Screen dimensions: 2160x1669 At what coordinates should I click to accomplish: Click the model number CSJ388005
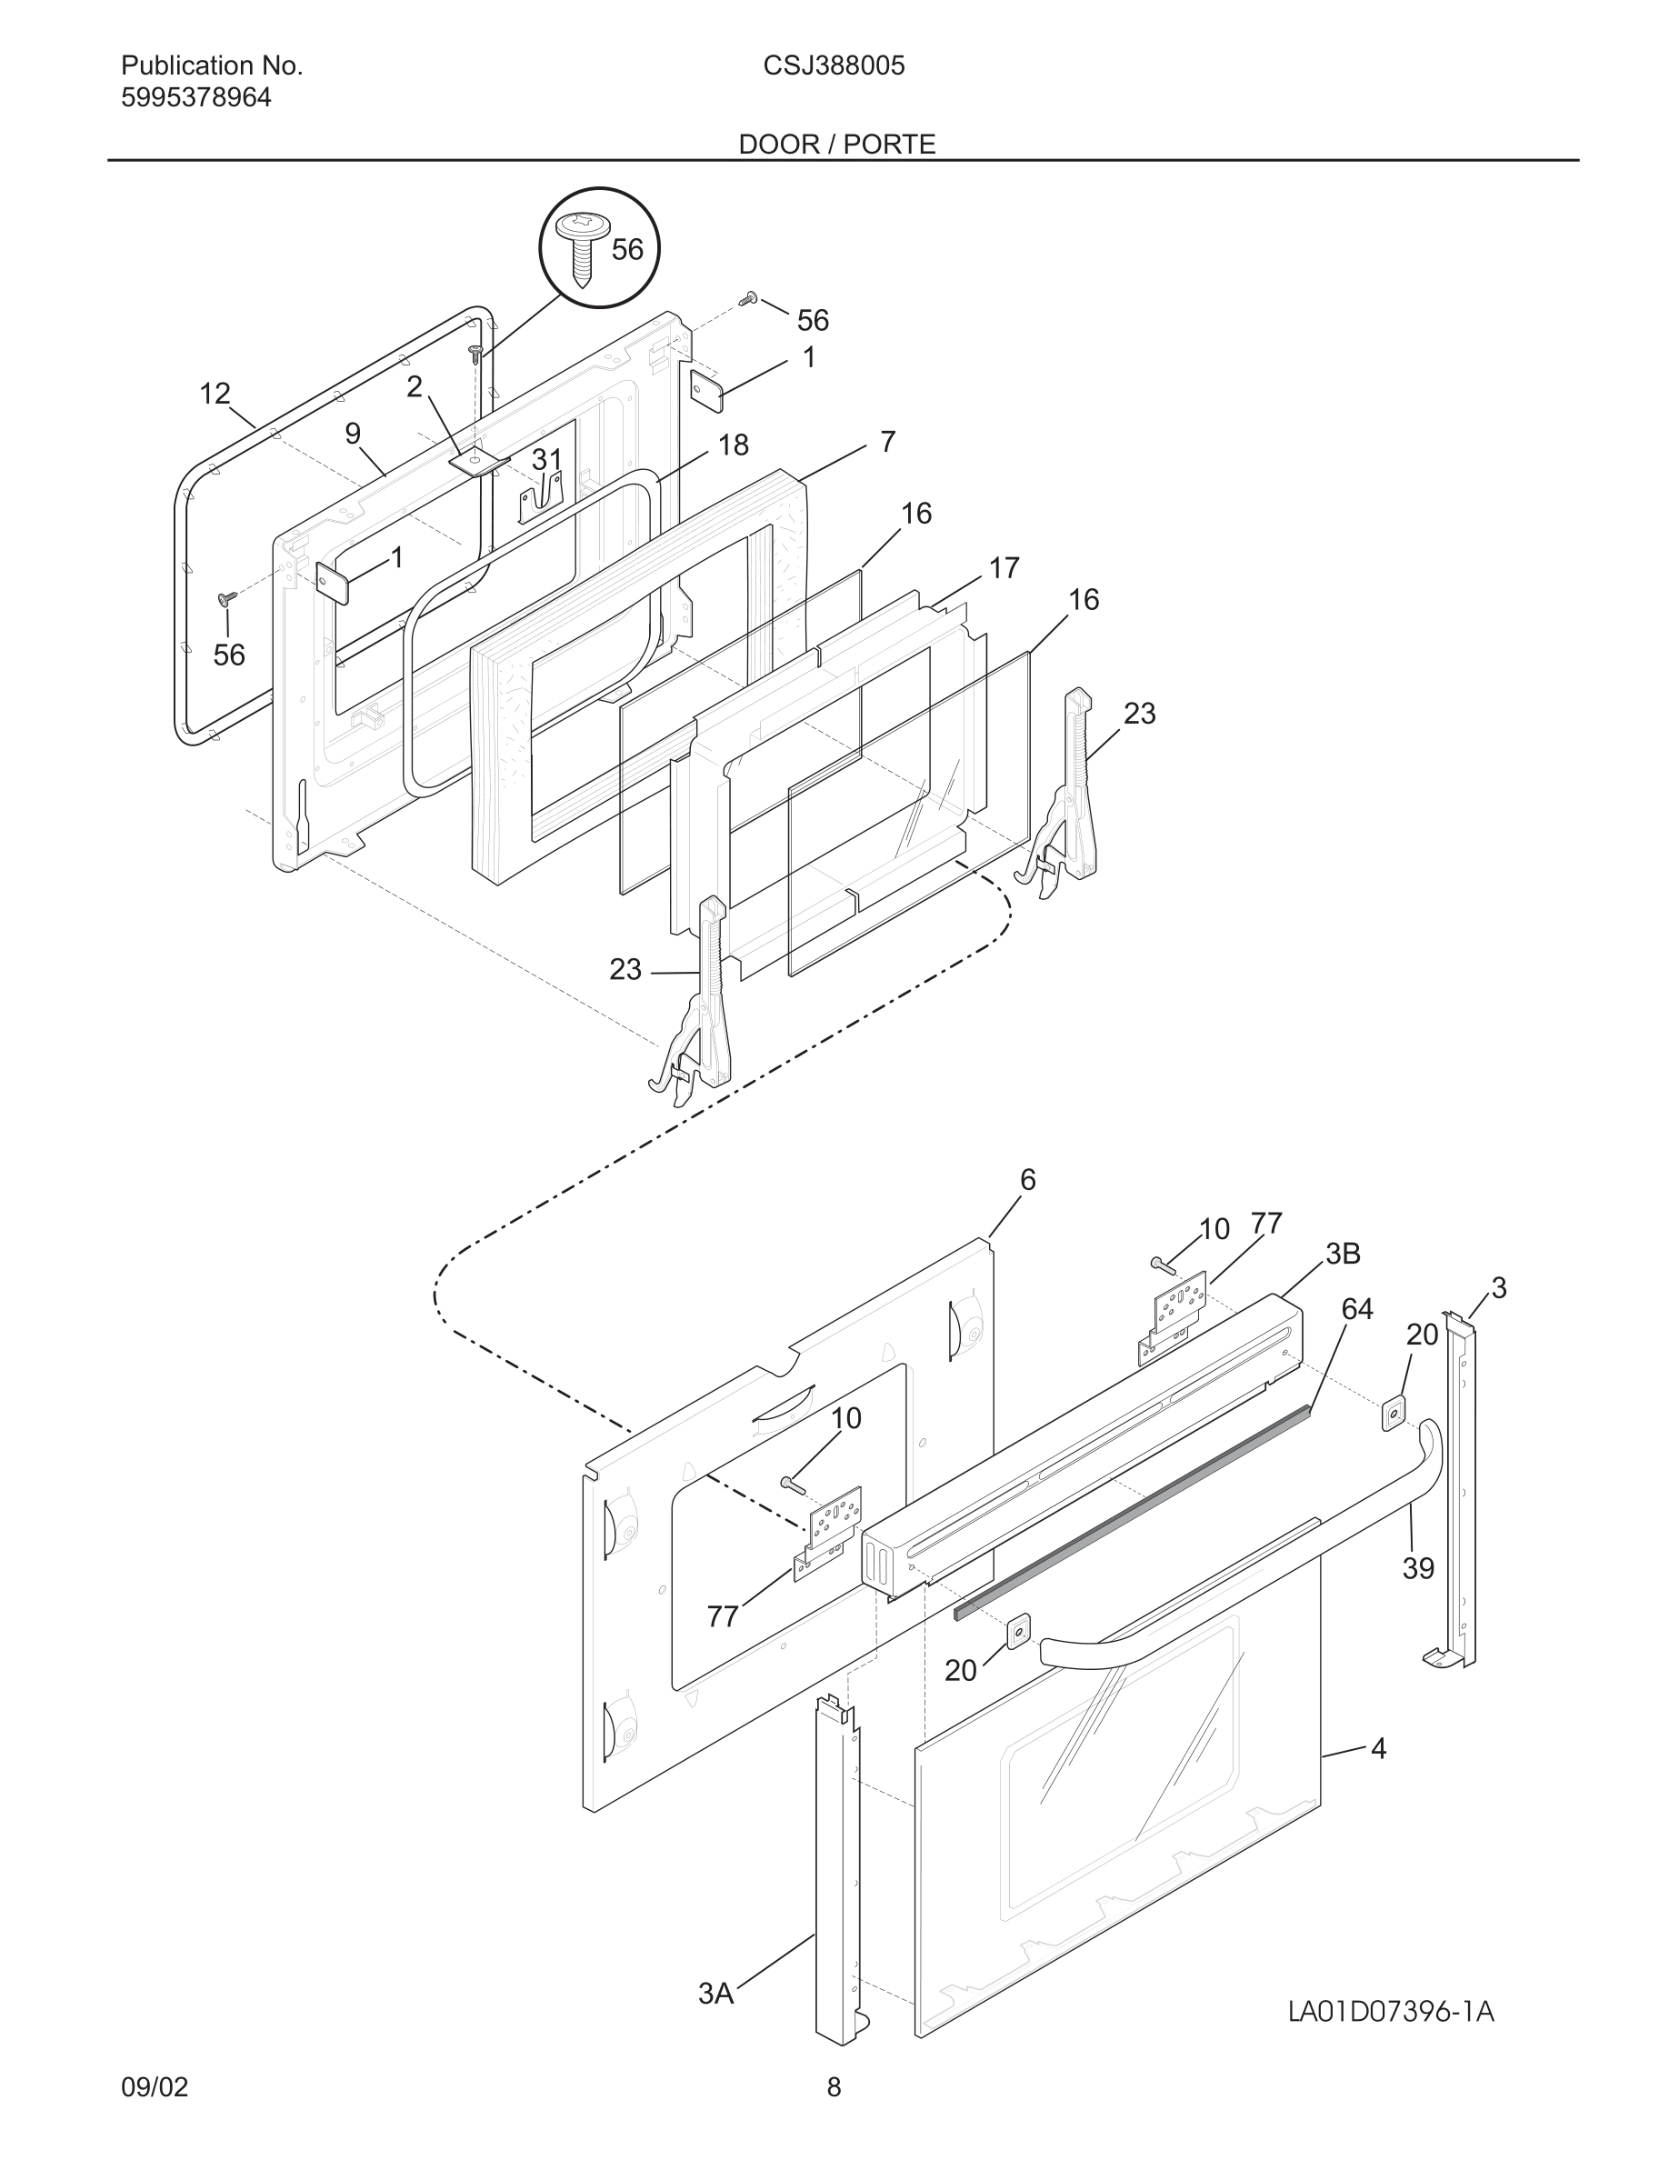[x=834, y=66]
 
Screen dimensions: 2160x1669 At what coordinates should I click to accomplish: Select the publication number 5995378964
[x=195, y=98]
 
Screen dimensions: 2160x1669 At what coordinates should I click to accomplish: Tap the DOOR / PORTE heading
[x=836, y=145]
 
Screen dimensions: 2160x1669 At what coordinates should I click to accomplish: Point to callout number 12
[x=215, y=394]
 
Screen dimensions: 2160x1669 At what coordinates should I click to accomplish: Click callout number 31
[x=546, y=460]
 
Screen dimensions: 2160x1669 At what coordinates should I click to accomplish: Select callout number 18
[x=733, y=445]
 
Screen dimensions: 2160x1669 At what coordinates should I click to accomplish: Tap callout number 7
[x=887, y=441]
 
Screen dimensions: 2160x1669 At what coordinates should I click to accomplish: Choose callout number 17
[x=1004, y=569]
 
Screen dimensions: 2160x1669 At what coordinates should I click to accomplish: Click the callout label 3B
[x=1343, y=1254]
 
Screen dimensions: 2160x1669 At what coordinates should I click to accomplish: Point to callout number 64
[x=1356, y=1309]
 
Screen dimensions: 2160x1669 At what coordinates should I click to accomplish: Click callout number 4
[x=1378, y=1748]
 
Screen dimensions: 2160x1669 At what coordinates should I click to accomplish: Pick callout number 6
[x=1027, y=1180]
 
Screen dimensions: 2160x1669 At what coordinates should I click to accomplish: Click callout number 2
[x=415, y=386]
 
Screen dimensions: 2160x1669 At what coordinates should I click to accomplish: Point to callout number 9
[x=353, y=435]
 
